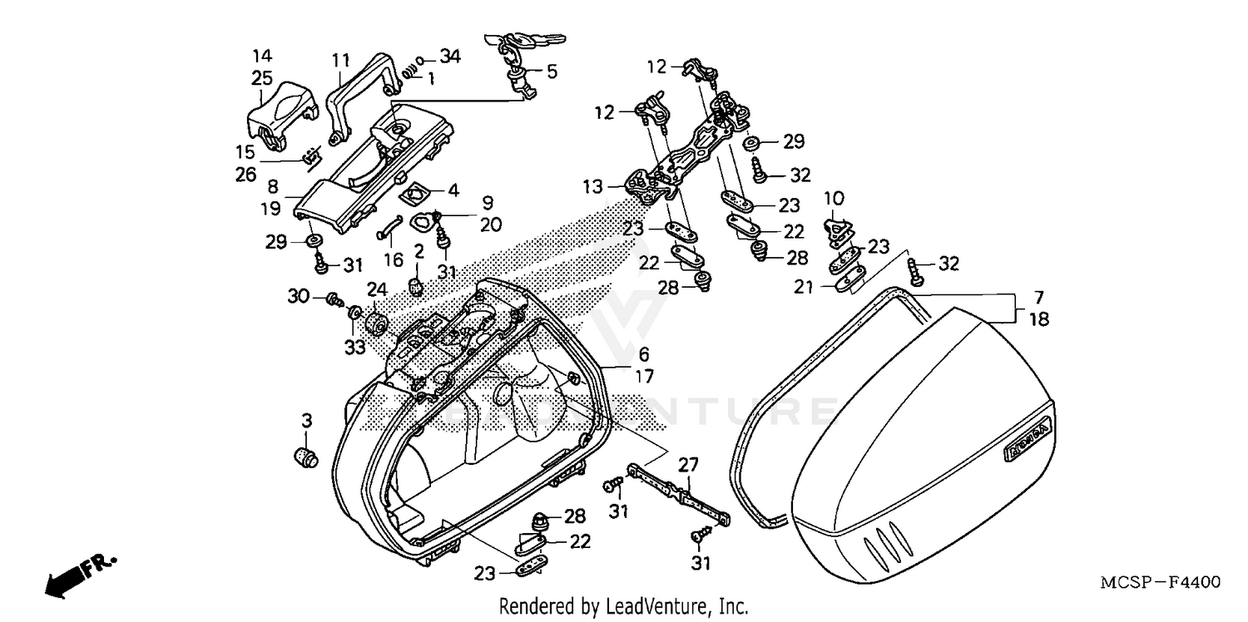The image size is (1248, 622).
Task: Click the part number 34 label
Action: click(x=450, y=56)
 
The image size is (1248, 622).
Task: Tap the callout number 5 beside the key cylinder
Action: click(x=552, y=72)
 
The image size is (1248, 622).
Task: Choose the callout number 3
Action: click(x=306, y=421)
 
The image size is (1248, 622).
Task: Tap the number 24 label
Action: click(x=377, y=289)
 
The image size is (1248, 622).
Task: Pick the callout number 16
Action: click(x=393, y=260)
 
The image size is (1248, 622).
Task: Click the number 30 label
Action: click(x=299, y=296)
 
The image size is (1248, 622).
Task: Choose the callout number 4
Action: click(x=453, y=190)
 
